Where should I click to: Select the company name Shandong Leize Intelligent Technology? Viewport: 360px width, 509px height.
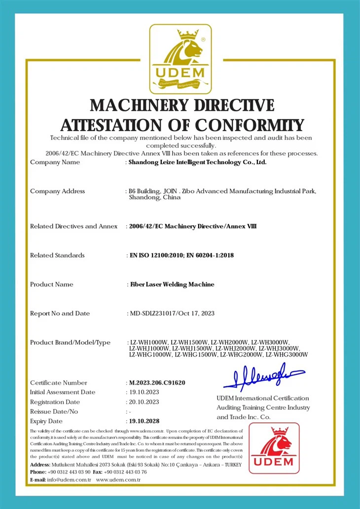[x=197, y=162]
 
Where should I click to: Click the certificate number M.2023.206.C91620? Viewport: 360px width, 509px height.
[x=157, y=383]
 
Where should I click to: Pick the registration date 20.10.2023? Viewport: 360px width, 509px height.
[x=144, y=402]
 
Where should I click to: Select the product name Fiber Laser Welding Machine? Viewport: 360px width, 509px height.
[x=171, y=284]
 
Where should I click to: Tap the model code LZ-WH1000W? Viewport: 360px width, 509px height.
[x=148, y=342]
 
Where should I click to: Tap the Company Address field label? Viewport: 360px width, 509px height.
[x=57, y=191]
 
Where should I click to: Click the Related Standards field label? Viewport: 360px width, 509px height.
[x=57, y=255]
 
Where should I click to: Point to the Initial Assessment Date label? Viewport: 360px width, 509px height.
[x=63, y=392]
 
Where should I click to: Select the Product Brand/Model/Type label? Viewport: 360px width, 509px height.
[x=70, y=342]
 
